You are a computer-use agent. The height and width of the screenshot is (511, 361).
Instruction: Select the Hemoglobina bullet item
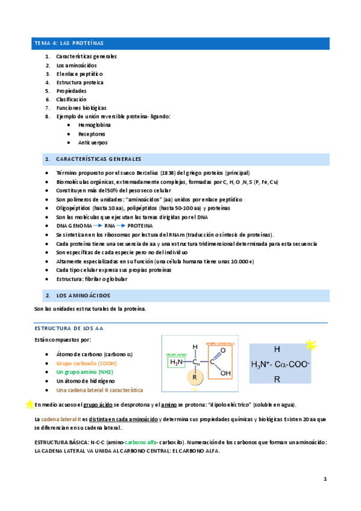point(95,125)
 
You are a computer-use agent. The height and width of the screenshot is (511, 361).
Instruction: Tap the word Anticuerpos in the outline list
point(93,143)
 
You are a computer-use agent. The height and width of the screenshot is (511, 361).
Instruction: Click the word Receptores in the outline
point(92,134)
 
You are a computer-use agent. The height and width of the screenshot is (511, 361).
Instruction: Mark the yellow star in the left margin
point(28,404)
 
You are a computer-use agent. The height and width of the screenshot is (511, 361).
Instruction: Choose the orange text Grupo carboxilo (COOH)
point(87,363)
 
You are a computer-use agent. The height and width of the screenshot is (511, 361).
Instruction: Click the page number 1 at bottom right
point(325,479)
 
